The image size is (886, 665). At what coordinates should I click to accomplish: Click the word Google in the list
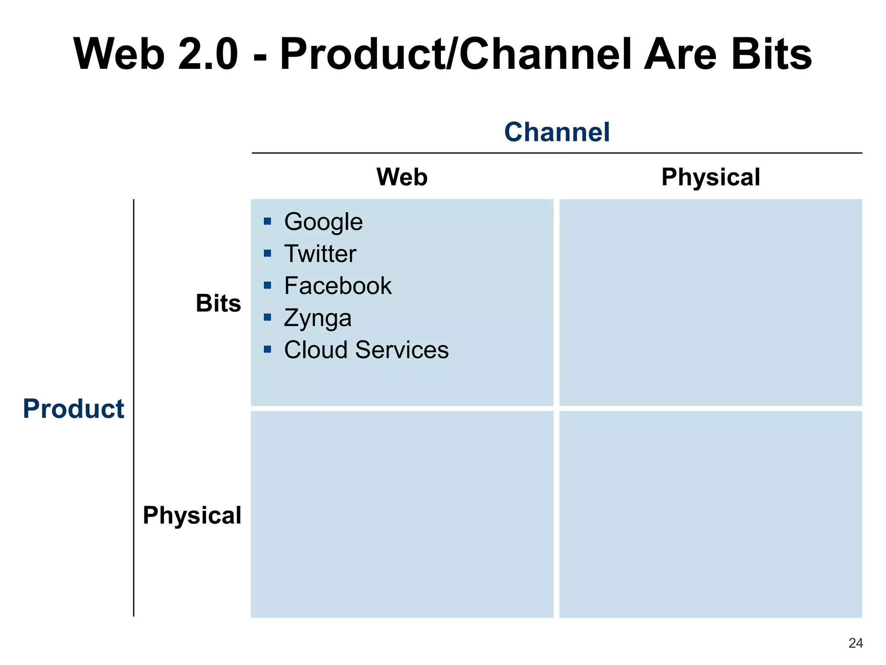point(323,223)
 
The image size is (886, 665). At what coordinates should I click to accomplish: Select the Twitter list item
point(320,254)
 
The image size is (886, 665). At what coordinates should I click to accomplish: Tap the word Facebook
point(338,286)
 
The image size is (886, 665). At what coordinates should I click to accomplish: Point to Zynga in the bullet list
point(318,318)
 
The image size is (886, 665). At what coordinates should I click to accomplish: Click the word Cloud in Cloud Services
point(316,350)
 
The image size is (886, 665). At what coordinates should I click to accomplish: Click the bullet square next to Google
point(267,222)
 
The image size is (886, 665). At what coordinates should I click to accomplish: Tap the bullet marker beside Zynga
point(267,317)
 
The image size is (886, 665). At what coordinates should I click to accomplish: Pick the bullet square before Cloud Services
point(267,349)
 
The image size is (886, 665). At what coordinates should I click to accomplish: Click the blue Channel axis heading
point(557,132)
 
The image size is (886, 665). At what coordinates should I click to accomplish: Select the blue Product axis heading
point(74,409)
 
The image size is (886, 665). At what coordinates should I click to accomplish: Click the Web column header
point(402,177)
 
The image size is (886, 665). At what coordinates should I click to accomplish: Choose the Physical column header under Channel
point(710,177)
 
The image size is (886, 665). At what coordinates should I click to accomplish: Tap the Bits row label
point(218,303)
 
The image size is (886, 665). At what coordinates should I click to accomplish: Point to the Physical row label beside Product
point(192,515)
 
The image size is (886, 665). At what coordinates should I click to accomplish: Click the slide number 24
point(855,643)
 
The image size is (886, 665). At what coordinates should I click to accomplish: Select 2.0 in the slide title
point(208,54)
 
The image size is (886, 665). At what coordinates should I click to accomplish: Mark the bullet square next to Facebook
point(267,285)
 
